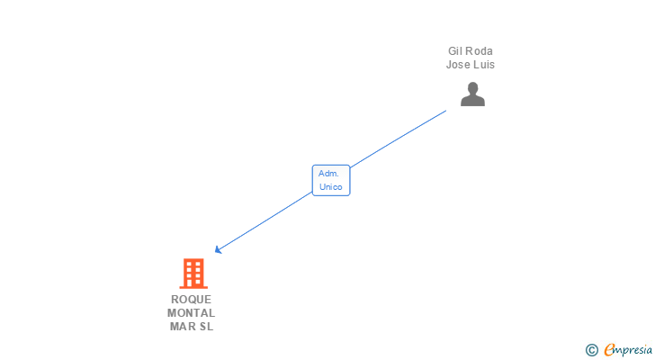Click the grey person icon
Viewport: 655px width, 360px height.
click(x=472, y=94)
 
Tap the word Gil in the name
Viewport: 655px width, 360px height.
click(x=456, y=51)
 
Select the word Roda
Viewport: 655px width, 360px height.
click(x=480, y=51)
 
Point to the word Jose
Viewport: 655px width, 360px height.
click(x=458, y=65)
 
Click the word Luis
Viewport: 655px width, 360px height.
click(x=484, y=65)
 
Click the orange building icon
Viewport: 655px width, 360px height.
click(x=193, y=273)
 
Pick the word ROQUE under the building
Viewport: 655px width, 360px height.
click(x=191, y=300)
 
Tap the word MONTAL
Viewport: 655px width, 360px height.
click(x=191, y=313)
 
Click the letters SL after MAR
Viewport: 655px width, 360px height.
click(x=206, y=327)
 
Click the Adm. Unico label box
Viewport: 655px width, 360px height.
click(x=330, y=180)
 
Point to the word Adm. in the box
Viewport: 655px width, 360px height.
click(x=328, y=173)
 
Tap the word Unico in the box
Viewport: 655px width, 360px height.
click(x=330, y=187)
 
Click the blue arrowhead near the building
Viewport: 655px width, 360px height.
click(x=218, y=251)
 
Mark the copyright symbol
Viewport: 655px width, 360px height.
click(x=591, y=350)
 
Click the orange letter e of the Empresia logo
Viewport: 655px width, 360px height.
click(x=609, y=350)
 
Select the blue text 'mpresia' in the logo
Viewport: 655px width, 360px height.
click(x=634, y=350)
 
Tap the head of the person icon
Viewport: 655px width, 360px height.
click(x=472, y=88)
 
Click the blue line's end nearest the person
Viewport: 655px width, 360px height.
click(x=446, y=111)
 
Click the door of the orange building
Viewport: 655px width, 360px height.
click(x=193, y=283)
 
